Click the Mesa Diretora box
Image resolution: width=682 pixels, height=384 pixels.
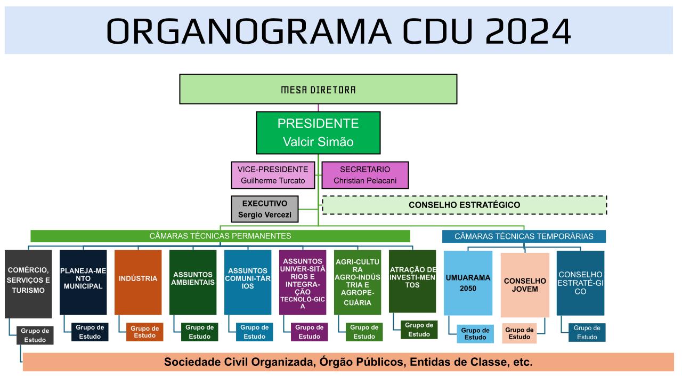(x=318, y=89)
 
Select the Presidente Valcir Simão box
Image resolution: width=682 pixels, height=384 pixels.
(x=318, y=133)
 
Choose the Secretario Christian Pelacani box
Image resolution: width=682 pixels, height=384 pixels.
(x=365, y=175)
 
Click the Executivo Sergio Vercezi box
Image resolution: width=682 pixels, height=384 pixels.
(x=265, y=209)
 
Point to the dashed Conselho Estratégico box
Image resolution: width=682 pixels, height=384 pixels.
(x=464, y=205)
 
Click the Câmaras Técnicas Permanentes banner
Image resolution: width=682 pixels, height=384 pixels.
(x=220, y=236)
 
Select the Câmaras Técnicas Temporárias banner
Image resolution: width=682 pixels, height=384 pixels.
(x=524, y=236)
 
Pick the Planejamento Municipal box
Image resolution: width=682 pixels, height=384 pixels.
(x=83, y=282)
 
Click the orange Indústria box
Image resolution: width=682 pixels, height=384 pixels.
(x=138, y=282)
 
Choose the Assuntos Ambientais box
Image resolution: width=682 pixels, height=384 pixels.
(x=193, y=282)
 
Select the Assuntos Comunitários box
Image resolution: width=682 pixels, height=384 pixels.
(x=248, y=282)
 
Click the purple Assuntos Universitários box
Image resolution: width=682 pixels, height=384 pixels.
(x=303, y=282)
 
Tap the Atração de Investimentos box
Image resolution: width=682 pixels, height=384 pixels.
(x=412, y=281)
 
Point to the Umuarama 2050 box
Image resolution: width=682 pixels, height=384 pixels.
(x=468, y=283)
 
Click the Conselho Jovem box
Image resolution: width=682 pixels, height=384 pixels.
(x=525, y=285)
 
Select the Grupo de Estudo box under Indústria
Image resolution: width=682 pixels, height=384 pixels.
(x=144, y=332)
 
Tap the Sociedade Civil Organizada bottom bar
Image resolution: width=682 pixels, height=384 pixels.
(x=348, y=362)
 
